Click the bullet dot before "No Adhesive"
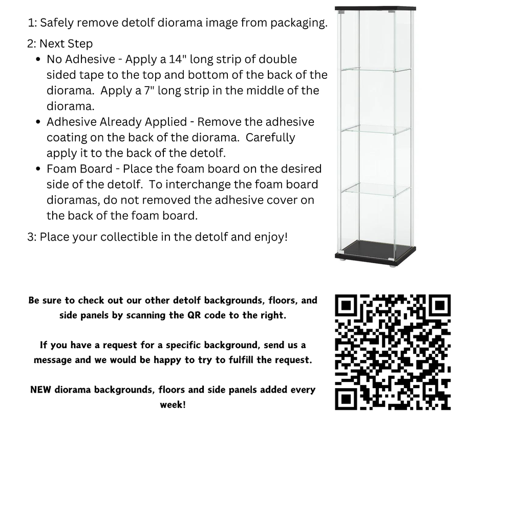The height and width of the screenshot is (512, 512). coord(38,60)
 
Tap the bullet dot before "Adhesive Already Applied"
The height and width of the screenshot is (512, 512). coord(38,122)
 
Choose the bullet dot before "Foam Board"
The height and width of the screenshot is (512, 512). coord(38,169)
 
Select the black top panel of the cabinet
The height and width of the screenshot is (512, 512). coord(375,8)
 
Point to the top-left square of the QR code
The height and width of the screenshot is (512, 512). coord(348,307)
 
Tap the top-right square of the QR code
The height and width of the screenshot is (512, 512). coord(438,307)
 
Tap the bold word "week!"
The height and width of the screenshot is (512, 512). coord(173,404)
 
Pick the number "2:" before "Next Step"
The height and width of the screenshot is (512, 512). coord(32,44)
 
